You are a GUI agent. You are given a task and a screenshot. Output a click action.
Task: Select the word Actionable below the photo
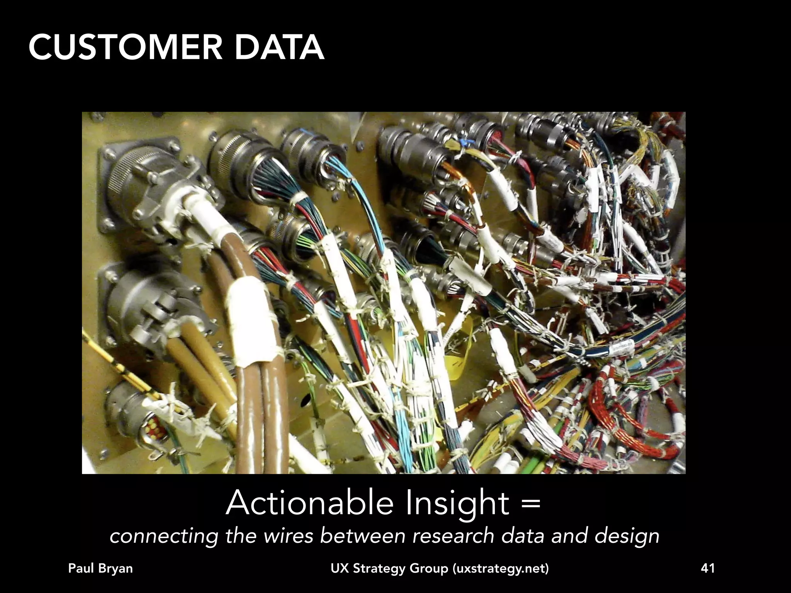click(310, 503)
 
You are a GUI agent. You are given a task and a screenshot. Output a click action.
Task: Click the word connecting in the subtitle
click(164, 537)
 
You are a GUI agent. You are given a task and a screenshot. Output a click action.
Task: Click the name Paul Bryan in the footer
click(100, 569)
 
